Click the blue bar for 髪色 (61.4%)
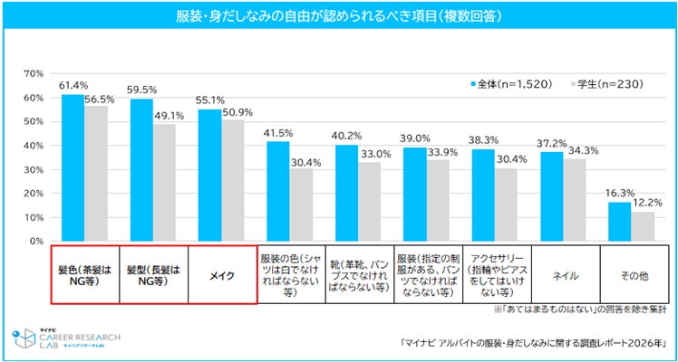pyautogui.click(x=73, y=167)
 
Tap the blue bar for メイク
pyautogui.click(x=209, y=176)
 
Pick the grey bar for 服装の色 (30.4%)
pyautogui.click(x=301, y=205)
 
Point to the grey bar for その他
pyautogui.click(x=642, y=226)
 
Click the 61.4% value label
pyautogui.click(x=73, y=85)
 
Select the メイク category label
pyautogui.click(x=221, y=274)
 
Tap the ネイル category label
pyautogui.click(x=562, y=274)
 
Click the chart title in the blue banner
pyautogui.click(x=339, y=16)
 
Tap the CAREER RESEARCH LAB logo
pyautogui.click(x=63, y=338)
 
